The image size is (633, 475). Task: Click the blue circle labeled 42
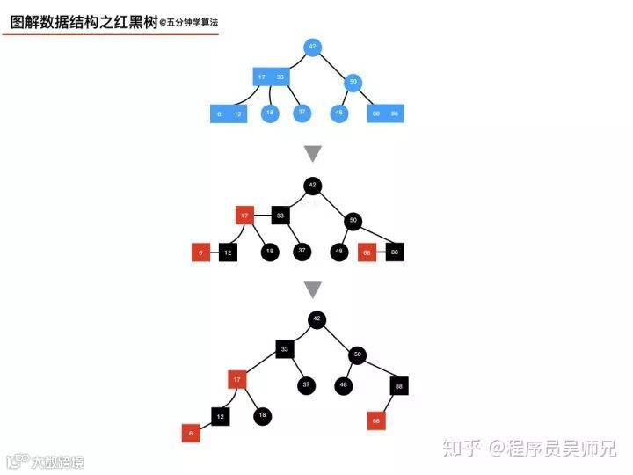312,47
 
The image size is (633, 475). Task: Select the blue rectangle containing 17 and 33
272,77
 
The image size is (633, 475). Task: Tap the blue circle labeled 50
353,84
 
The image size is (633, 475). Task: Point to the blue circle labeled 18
270,113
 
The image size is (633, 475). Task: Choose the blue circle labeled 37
302,113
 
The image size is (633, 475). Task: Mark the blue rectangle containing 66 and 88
385,113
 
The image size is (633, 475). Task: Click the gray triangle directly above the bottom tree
313,289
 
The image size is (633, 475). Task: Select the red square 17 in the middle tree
245,215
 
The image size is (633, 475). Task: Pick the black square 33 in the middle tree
280,215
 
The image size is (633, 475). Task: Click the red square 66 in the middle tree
367,252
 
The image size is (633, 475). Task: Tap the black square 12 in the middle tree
228,252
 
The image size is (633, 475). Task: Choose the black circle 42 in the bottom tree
317,319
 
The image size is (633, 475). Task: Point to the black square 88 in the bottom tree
399,385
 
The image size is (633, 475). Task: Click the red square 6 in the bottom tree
190,433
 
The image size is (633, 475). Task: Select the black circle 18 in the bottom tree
262,416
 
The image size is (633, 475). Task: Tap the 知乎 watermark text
462,449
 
